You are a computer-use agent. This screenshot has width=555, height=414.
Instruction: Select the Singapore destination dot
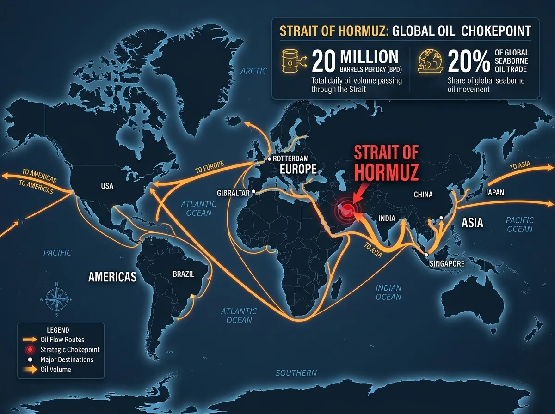pyautogui.click(x=426, y=255)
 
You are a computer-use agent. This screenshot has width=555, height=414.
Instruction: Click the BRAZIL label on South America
pyautogui.click(x=184, y=274)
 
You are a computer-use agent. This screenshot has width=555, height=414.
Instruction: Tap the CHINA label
pyautogui.click(x=423, y=195)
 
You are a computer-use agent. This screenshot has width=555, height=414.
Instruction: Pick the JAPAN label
pyautogui.click(x=495, y=193)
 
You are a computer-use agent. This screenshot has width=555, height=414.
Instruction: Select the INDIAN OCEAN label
pyautogui.click(x=388, y=292)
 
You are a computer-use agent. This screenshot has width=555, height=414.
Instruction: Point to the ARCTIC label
pyautogui.click(x=254, y=71)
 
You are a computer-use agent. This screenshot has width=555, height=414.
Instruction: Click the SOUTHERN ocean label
pyautogui.click(x=296, y=373)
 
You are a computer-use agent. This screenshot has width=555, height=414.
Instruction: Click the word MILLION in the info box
pyautogui.click(x=369, y=57)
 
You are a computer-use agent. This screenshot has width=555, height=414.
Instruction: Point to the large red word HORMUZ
pyautogui.click(x=387, y=171)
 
